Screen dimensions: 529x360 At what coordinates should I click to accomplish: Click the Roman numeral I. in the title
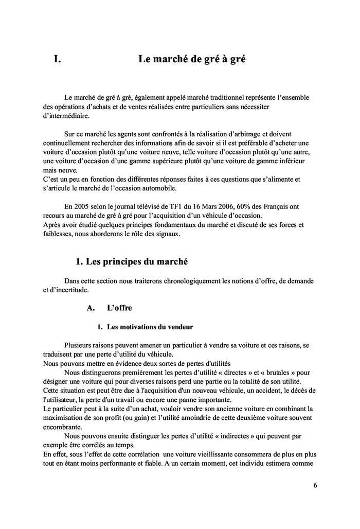(x=58, y=59)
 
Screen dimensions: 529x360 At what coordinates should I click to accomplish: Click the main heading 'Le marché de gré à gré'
(x=191, y=59)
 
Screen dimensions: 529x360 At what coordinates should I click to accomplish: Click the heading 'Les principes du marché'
(x=131, y=261)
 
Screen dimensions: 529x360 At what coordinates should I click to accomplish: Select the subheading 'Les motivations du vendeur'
(x=150, y=327)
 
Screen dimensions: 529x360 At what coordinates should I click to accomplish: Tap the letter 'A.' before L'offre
(x=91, y=308)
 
